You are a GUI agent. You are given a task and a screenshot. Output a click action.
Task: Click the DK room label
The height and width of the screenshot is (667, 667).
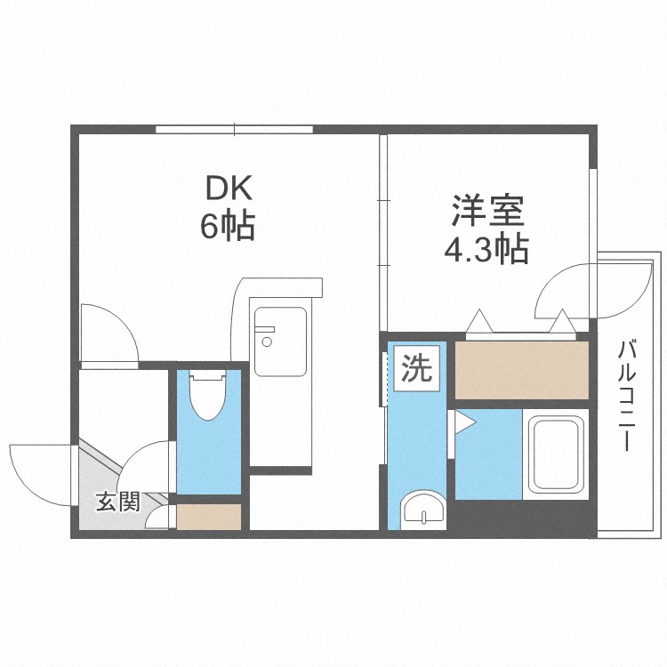tap(230, 188)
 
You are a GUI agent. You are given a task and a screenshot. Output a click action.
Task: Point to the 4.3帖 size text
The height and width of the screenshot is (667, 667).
tap(486, 249)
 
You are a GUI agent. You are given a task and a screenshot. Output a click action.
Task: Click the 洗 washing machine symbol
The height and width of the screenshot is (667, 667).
tap(415, 367)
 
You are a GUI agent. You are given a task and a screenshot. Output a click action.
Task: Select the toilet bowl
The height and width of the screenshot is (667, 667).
tap(208, 397)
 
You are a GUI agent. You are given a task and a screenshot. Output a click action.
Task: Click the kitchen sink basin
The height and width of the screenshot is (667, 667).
tap(280, 342)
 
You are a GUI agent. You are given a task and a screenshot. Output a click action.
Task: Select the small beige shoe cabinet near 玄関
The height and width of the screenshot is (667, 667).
tap(210, 517)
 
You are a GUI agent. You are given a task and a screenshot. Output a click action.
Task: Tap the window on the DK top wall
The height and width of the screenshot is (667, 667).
tap(234, 130)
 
